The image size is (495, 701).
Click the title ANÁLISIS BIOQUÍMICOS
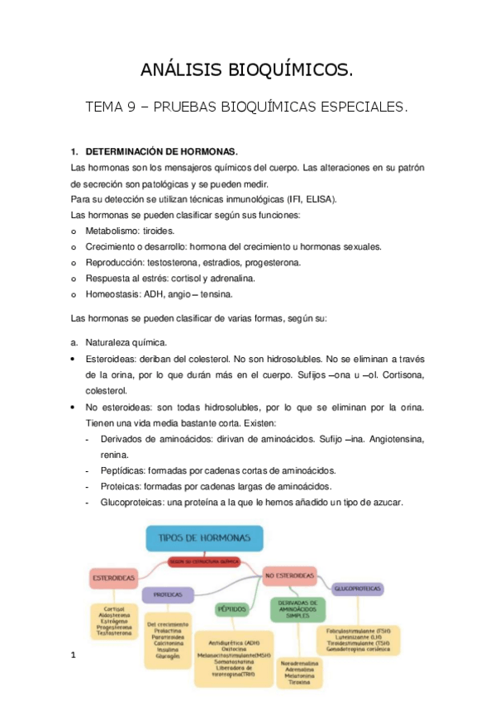click(247, 72)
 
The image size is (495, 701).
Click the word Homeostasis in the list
click(114, 293)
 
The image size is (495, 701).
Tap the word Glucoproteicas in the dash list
click(132, 501)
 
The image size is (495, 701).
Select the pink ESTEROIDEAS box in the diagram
click(116, 578)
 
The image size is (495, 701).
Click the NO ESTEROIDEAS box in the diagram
click(289, 574)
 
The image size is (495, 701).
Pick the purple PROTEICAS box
click(168, 594)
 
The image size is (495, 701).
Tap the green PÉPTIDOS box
click(232, 608)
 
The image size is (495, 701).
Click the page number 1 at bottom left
click(74, 656)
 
